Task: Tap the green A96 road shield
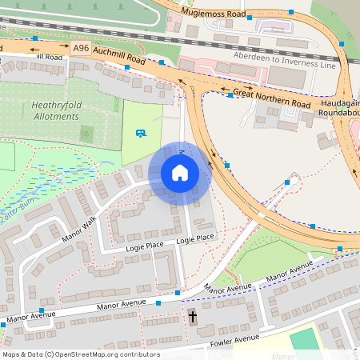tap(81, 49)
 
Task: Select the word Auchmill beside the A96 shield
tap(108, 53)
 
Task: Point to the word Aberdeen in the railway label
tap(254, 57)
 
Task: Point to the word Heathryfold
tap(57, 105)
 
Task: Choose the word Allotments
tap(56, 116)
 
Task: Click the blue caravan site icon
tap(141, 133)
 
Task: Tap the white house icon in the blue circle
tap(179, 173)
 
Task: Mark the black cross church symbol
tap(192, 317)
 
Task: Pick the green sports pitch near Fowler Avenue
tap(304, 338)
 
